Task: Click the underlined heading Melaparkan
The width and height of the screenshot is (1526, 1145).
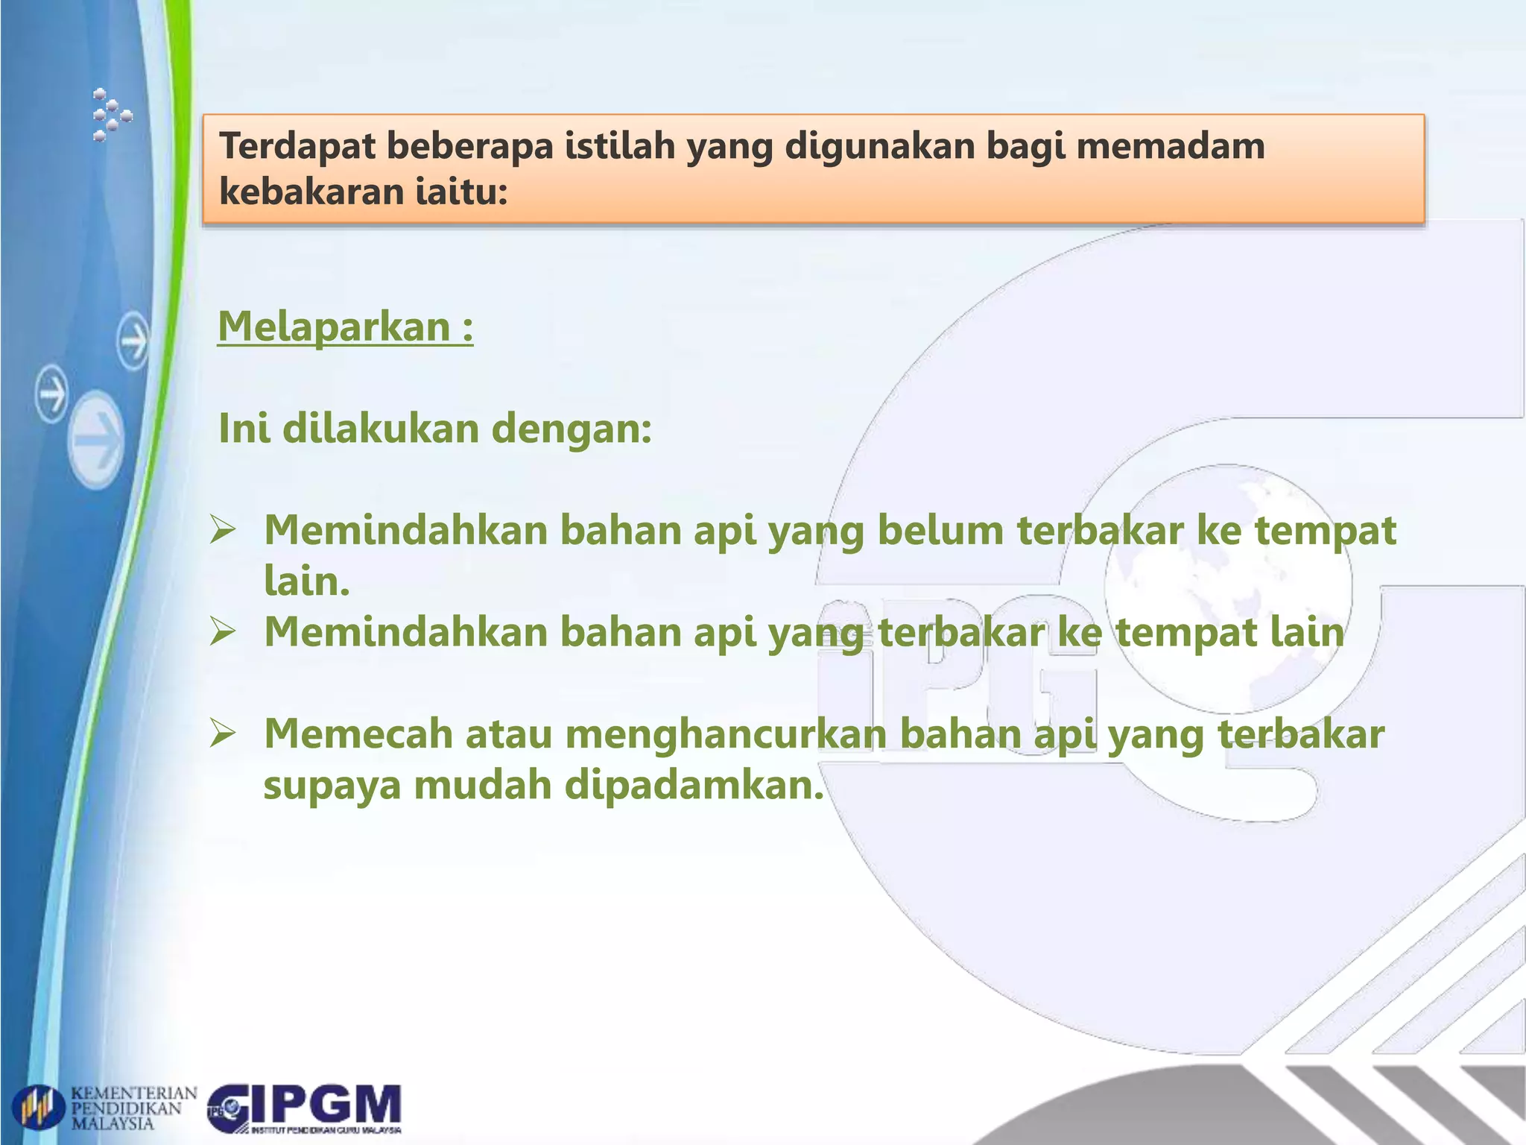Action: (x=344, y=327)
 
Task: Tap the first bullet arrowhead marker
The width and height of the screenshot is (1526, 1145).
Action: (x=223, y=531)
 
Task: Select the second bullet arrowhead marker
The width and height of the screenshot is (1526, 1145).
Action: (x=223, y=632)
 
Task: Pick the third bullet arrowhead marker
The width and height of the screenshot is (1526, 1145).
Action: (x=223, y=734)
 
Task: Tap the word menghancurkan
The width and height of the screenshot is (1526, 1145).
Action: (x=726, y=734)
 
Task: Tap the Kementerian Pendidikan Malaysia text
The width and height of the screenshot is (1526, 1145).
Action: (x=133, y=1108)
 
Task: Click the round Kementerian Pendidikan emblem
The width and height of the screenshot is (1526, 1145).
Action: (x=39, y=1108)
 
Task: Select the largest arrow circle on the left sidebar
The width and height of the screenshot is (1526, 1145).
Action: (x=96, y=440)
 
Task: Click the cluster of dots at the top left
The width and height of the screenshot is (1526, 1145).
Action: (x=110, y=115)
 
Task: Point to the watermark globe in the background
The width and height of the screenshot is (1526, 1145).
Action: (x=1228, y=585)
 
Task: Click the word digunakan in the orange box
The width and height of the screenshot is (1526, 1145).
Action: (x=879, y=145)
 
